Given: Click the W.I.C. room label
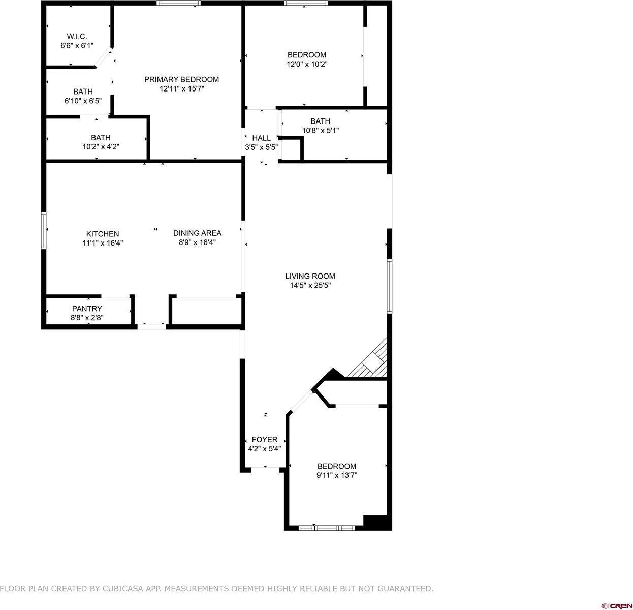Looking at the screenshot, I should point(77,36).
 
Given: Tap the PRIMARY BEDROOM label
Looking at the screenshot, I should point(181,79).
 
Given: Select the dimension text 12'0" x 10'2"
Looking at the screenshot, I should point(307,64).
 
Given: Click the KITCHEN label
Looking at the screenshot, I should point(103,234).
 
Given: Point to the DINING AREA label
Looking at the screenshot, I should point(197,233).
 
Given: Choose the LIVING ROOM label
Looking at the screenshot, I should point(310,276).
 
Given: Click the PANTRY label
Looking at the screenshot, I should point(87,309).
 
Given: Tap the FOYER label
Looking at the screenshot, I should point(265,440).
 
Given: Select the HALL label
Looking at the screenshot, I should point(262,138).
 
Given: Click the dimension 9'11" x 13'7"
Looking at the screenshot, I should point(337,475).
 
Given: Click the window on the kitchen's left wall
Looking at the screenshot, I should point(44,230).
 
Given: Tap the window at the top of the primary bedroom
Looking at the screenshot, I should point(178,3).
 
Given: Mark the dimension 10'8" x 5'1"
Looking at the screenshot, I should point(320,130).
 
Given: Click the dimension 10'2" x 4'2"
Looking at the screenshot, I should point(101,146).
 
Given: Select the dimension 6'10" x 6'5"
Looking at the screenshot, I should point(83,101).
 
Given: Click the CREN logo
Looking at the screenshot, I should point(616,605).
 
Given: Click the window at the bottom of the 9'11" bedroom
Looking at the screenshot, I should point(327,528).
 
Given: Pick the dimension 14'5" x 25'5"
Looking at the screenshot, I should point(310,285).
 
